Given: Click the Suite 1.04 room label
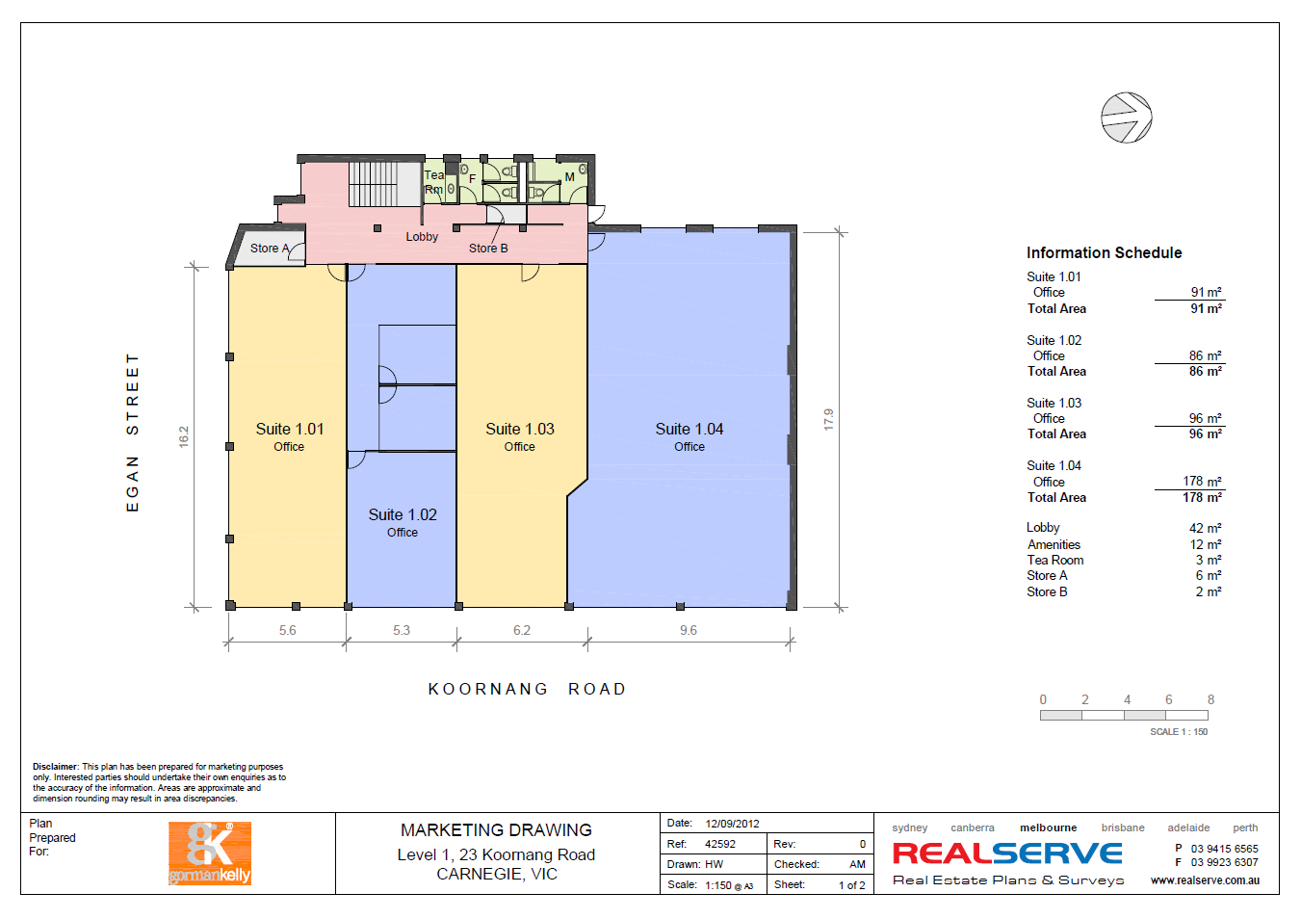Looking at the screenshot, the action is (x=689, y=430).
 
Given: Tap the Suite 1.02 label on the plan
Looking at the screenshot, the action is (x=402, y=514).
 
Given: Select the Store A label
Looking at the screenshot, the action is (x=270, y=248).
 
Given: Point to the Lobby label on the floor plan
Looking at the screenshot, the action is (x=422, y=236).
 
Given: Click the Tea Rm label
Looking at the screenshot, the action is (x=434, y=182).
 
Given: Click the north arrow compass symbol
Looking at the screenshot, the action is (x=1126, y=118).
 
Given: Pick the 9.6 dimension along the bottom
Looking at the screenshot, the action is (x=689, y=630).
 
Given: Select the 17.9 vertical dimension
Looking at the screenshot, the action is (x=829, y=419).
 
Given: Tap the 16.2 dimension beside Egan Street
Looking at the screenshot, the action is (x=184, y=436).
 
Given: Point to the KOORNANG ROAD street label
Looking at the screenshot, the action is (x=528, y=689).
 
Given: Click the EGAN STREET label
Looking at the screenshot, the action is (x=133, y=433).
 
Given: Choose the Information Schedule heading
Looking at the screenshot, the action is (x=1105, y=252).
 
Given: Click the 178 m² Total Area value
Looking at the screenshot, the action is (x=1202, y=497).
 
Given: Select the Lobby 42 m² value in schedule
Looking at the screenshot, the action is (x=1205, y=528).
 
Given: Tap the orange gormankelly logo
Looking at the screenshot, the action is (x=210, y=853).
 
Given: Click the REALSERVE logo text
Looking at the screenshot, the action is (x=1007, y=853).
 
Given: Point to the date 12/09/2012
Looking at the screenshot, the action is (x=733, y=824).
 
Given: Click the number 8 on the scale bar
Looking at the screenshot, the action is (x=1211, y=699).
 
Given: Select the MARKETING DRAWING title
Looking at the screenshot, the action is (x=496, y=830).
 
